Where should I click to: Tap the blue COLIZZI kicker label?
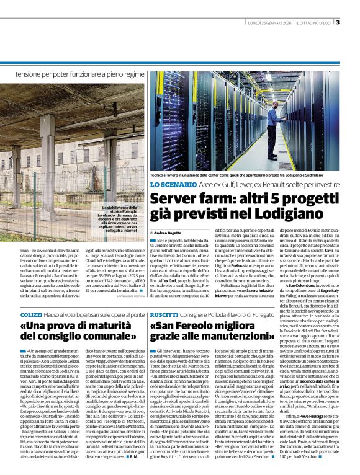tap(31, 316)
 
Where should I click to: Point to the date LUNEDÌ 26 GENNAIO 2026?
tap(271, 24)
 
